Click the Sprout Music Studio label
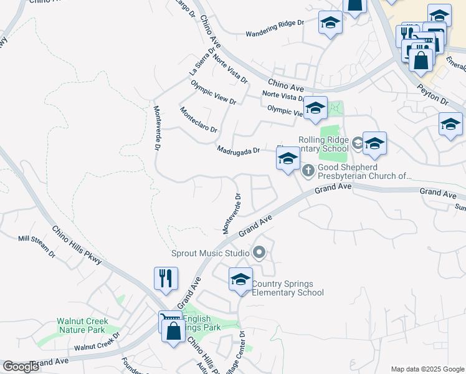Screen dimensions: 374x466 coord(211,253)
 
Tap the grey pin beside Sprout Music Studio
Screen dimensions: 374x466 coord(259,252)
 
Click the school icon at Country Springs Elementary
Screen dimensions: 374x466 coord(240,279)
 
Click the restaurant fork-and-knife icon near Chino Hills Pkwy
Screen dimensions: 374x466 coord(166,278)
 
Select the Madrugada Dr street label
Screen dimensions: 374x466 coord(238,150)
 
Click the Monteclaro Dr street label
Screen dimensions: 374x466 coord(198,120)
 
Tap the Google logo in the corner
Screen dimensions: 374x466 coord(21,367)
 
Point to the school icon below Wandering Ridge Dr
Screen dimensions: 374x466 coord(330,25)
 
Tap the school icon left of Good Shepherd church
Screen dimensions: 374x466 coord(288,159)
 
